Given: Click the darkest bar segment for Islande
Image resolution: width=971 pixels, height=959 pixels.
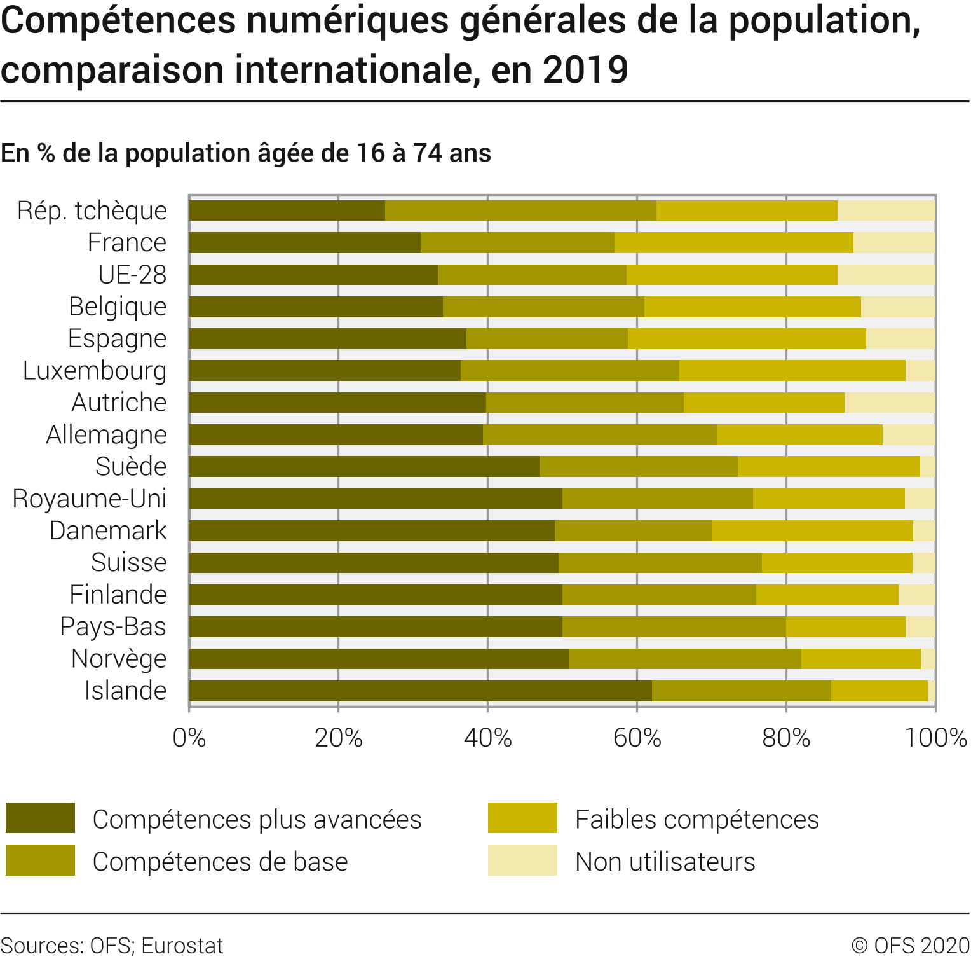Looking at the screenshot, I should [x=420, y=691].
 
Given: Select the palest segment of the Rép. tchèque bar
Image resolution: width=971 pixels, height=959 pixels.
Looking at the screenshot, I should [x=886, y=210].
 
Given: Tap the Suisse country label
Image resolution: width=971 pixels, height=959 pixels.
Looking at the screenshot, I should [x=129, y=563].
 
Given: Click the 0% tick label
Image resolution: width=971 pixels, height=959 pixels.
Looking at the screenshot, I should [x=189, y=738].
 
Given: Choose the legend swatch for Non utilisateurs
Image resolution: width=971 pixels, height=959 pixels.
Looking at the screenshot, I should [x=522, y=860].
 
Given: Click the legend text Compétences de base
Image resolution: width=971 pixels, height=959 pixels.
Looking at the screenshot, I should [x=220, y=862].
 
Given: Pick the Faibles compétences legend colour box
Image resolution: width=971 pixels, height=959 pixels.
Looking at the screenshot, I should [x=522, y=818].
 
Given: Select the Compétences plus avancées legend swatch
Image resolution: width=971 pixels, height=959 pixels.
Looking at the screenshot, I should [x=40, y=818].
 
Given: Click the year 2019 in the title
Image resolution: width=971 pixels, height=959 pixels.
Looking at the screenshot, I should [x=585, y=70].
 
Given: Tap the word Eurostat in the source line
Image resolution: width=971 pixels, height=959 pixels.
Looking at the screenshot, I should [x=182, y=946].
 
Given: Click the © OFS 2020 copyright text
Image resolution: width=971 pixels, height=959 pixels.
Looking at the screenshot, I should [x=910, y=946].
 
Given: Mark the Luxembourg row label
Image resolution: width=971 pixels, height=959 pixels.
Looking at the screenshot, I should [x=95, y=371].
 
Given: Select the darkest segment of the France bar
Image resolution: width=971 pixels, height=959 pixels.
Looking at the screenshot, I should [x=305, y=242].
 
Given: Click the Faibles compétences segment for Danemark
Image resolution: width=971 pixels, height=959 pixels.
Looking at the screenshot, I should [x=812, y=531].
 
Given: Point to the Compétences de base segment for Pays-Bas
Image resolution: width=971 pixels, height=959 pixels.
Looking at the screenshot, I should [x=674, y=627].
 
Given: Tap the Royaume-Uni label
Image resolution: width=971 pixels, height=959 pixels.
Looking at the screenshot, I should [x=90, y=499].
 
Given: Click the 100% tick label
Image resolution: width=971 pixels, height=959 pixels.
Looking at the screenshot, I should [x=935, y=738].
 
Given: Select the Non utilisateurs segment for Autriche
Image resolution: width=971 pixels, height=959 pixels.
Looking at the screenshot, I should [x=890, y=403].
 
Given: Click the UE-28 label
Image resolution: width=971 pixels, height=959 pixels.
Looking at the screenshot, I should [x=132, y=275].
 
